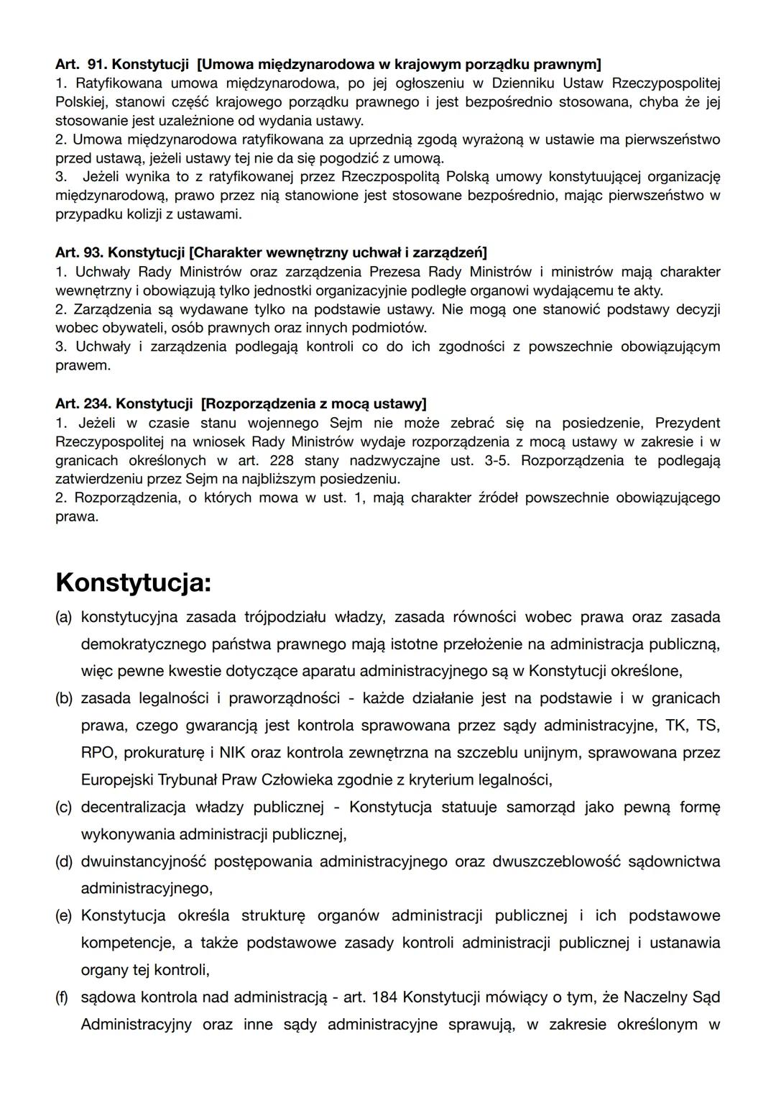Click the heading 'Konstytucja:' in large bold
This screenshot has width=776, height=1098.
[133, 582]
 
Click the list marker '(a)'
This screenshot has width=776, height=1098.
[63, 617]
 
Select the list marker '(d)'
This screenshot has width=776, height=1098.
[63, 861]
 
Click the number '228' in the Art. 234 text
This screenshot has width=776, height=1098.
[282, 460]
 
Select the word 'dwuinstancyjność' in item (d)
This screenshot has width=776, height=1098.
[142, 861]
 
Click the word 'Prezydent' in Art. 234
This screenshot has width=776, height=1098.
[687, 423]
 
